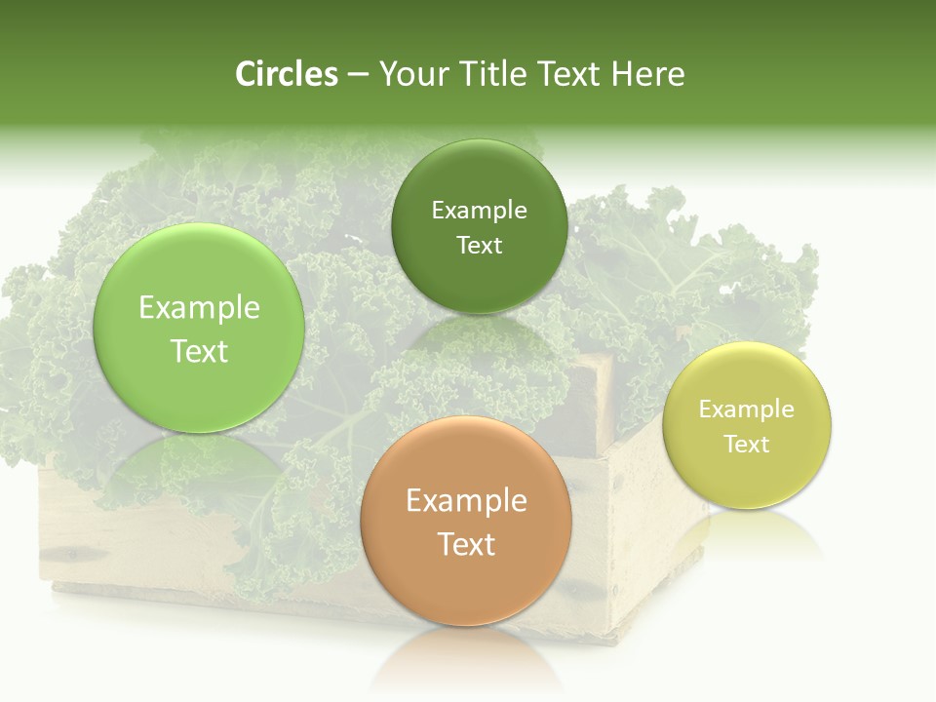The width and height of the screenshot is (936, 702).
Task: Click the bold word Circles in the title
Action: (x=287, y=74)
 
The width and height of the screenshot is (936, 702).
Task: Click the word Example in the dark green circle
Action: (x=479, y=211)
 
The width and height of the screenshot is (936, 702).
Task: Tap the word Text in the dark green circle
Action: (x=479, y=246)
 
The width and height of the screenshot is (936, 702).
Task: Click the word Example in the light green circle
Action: (x=199, y=308)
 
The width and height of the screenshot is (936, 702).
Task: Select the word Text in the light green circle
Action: (x=199, y=351)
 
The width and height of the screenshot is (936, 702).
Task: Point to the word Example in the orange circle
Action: (x=466, y=501)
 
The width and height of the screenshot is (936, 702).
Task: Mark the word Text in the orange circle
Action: (x=466, y=544)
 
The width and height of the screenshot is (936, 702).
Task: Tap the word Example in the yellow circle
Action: (x=747, y=409)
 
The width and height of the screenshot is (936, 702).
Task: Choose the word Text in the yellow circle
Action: (x=747, y=445)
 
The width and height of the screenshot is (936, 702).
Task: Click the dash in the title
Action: (x=358, y=75)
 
